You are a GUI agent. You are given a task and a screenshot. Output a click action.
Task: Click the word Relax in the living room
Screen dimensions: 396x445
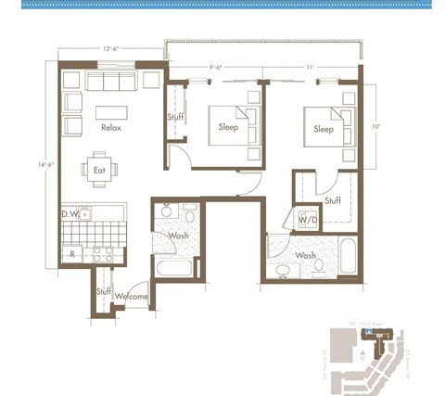pyautogui.click(x=111, y=128)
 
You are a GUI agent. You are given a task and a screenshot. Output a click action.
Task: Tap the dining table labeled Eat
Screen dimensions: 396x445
pyautogui.click(x=99, y=170)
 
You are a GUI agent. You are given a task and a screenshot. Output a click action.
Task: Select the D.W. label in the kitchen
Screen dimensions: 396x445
pyautogui.click(x=70, y=214)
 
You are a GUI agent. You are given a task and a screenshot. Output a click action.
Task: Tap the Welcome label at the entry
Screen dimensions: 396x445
pyautogui.click(x=132, y=296)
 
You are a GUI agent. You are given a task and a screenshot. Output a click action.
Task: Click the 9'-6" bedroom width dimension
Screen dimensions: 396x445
pyautogui.click(x=218, y=67)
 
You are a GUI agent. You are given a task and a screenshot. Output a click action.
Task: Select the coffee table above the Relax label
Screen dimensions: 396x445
pyautogui.click(x=111, y=111)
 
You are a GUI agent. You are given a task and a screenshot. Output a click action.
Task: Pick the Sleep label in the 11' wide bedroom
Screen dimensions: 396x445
pyautogui.click(x=324, y=129)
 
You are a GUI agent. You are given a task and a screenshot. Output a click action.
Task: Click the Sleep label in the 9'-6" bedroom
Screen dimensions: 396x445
pyautogui.click(x=228, y=128)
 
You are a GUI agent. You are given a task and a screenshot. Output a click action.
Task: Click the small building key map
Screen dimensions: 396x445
pyautogui.click(x=375, y=356)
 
